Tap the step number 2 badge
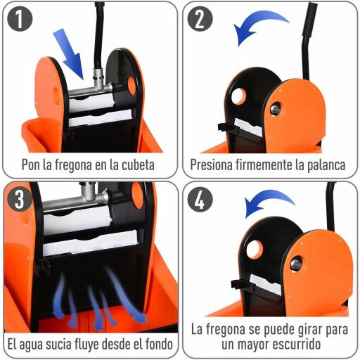(x=199, y=20)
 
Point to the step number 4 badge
(x=199, y=199)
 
